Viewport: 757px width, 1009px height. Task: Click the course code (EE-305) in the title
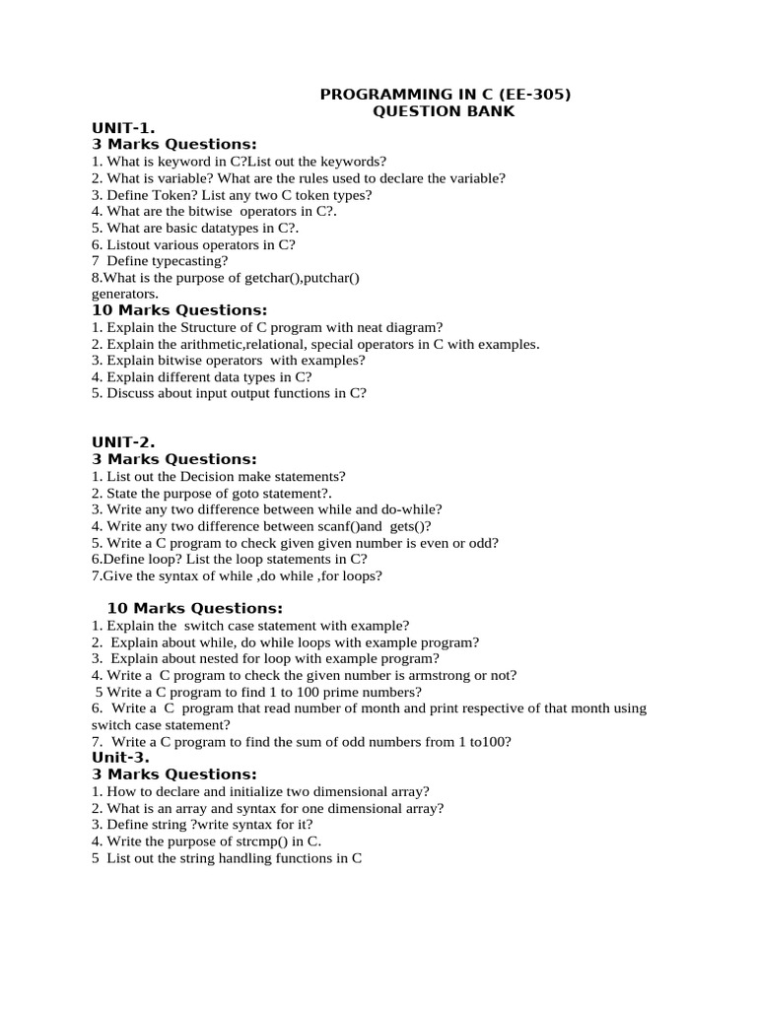[535, 95]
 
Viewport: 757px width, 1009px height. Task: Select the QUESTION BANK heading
[444, 111]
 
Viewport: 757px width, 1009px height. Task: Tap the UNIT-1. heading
[123, 128]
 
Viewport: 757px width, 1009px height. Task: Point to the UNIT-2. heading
[123, 442]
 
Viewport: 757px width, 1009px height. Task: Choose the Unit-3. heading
[120, 758]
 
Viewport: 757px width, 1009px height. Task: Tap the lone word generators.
[124, 294]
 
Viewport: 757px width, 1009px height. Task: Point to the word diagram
[409, 327]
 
